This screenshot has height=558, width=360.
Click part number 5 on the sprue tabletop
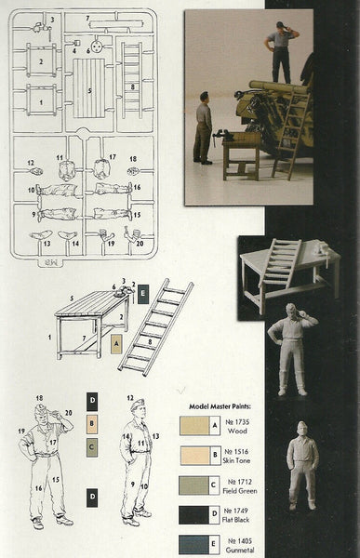coord(89,91)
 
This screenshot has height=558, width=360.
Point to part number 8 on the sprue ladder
coord(134,86)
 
